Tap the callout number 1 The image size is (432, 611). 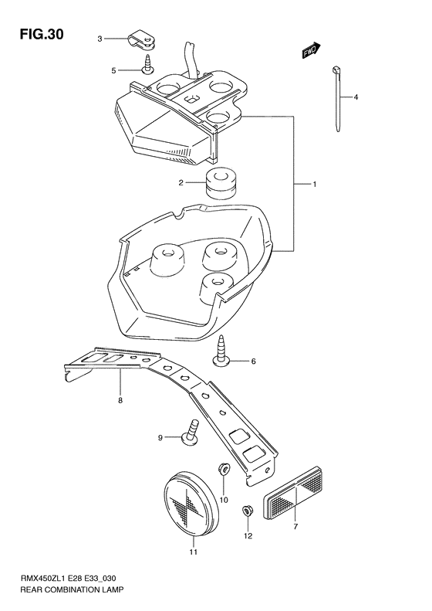[x=316, y=185]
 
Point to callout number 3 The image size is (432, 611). [x=100, y=39]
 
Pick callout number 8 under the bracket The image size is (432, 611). [x=120, y=401]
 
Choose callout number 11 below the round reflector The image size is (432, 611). [x=194, y=552]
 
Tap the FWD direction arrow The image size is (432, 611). [x=310, y=51]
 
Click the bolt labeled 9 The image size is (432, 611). [x=189, y=431]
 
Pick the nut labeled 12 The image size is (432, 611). [x=248, y=509]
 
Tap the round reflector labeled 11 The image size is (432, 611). [x=193, y=502]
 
